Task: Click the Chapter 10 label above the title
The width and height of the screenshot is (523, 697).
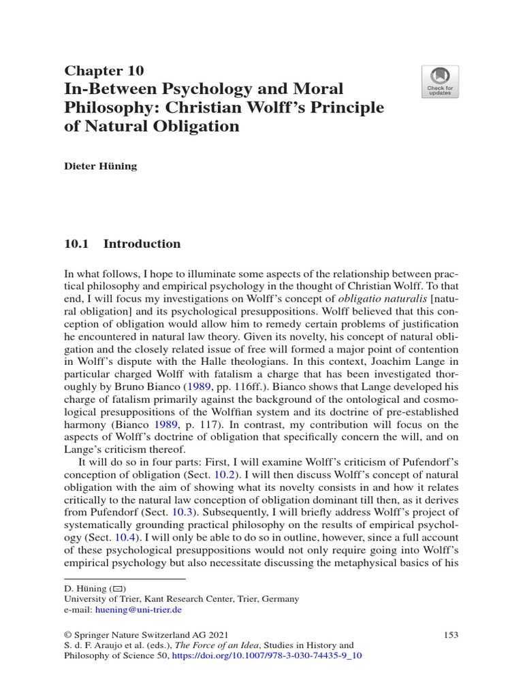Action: (104, 70)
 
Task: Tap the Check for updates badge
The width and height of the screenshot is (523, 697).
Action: (439, 82)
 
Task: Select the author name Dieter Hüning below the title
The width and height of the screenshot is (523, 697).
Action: (100, 166)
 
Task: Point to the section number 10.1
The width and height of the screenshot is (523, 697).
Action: (78, 244)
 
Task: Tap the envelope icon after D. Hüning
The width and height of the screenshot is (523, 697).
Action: (116, 589)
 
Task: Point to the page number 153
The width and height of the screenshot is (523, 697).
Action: (450, 634)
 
